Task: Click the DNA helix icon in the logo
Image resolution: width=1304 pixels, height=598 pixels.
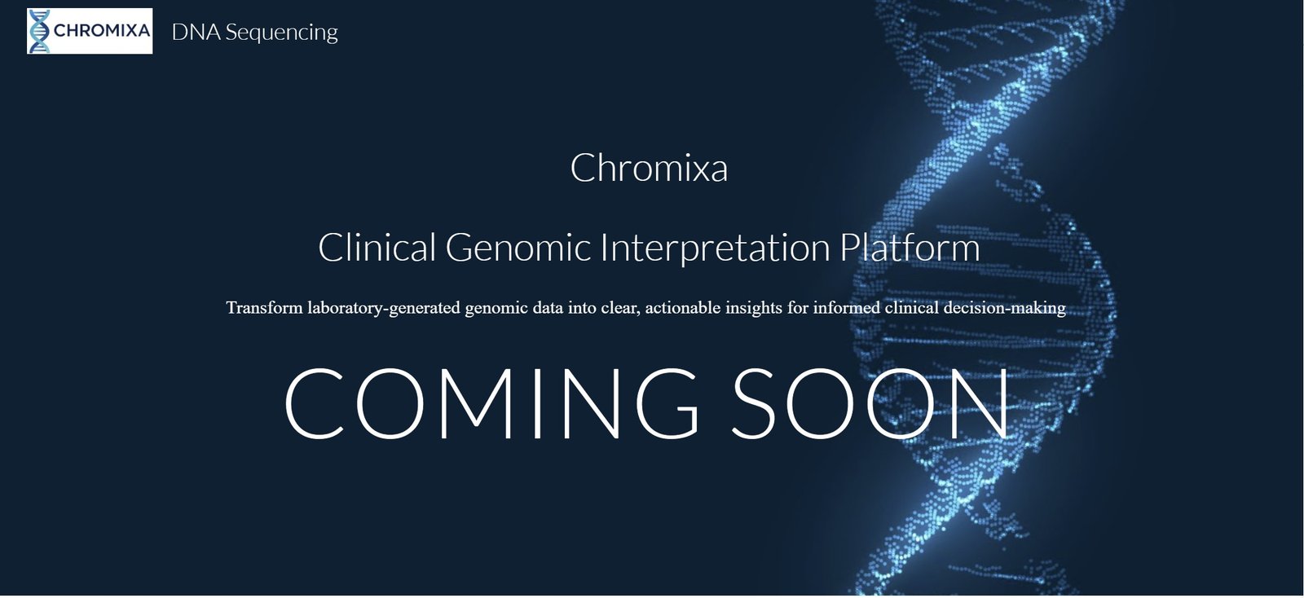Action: [x=40, y=32]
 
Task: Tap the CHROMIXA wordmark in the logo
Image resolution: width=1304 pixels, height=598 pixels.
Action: [x=102, y=30]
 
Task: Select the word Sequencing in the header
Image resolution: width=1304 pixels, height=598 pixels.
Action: [x=282, y=33]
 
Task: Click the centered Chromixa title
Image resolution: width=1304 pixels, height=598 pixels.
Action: [x=649, y=168]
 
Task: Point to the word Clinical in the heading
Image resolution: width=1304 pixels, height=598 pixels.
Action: [x=377, y=247]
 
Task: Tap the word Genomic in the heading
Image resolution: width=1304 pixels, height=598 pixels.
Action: [x=518, y=247]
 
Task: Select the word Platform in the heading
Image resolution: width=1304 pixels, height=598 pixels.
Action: [x=910, y=247]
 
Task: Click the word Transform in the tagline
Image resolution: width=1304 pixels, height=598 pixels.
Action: [x=264, y=307]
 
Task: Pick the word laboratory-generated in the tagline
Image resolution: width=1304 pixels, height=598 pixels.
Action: [x=384, y=308]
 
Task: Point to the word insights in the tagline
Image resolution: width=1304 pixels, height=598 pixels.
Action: [x=753, y=308]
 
